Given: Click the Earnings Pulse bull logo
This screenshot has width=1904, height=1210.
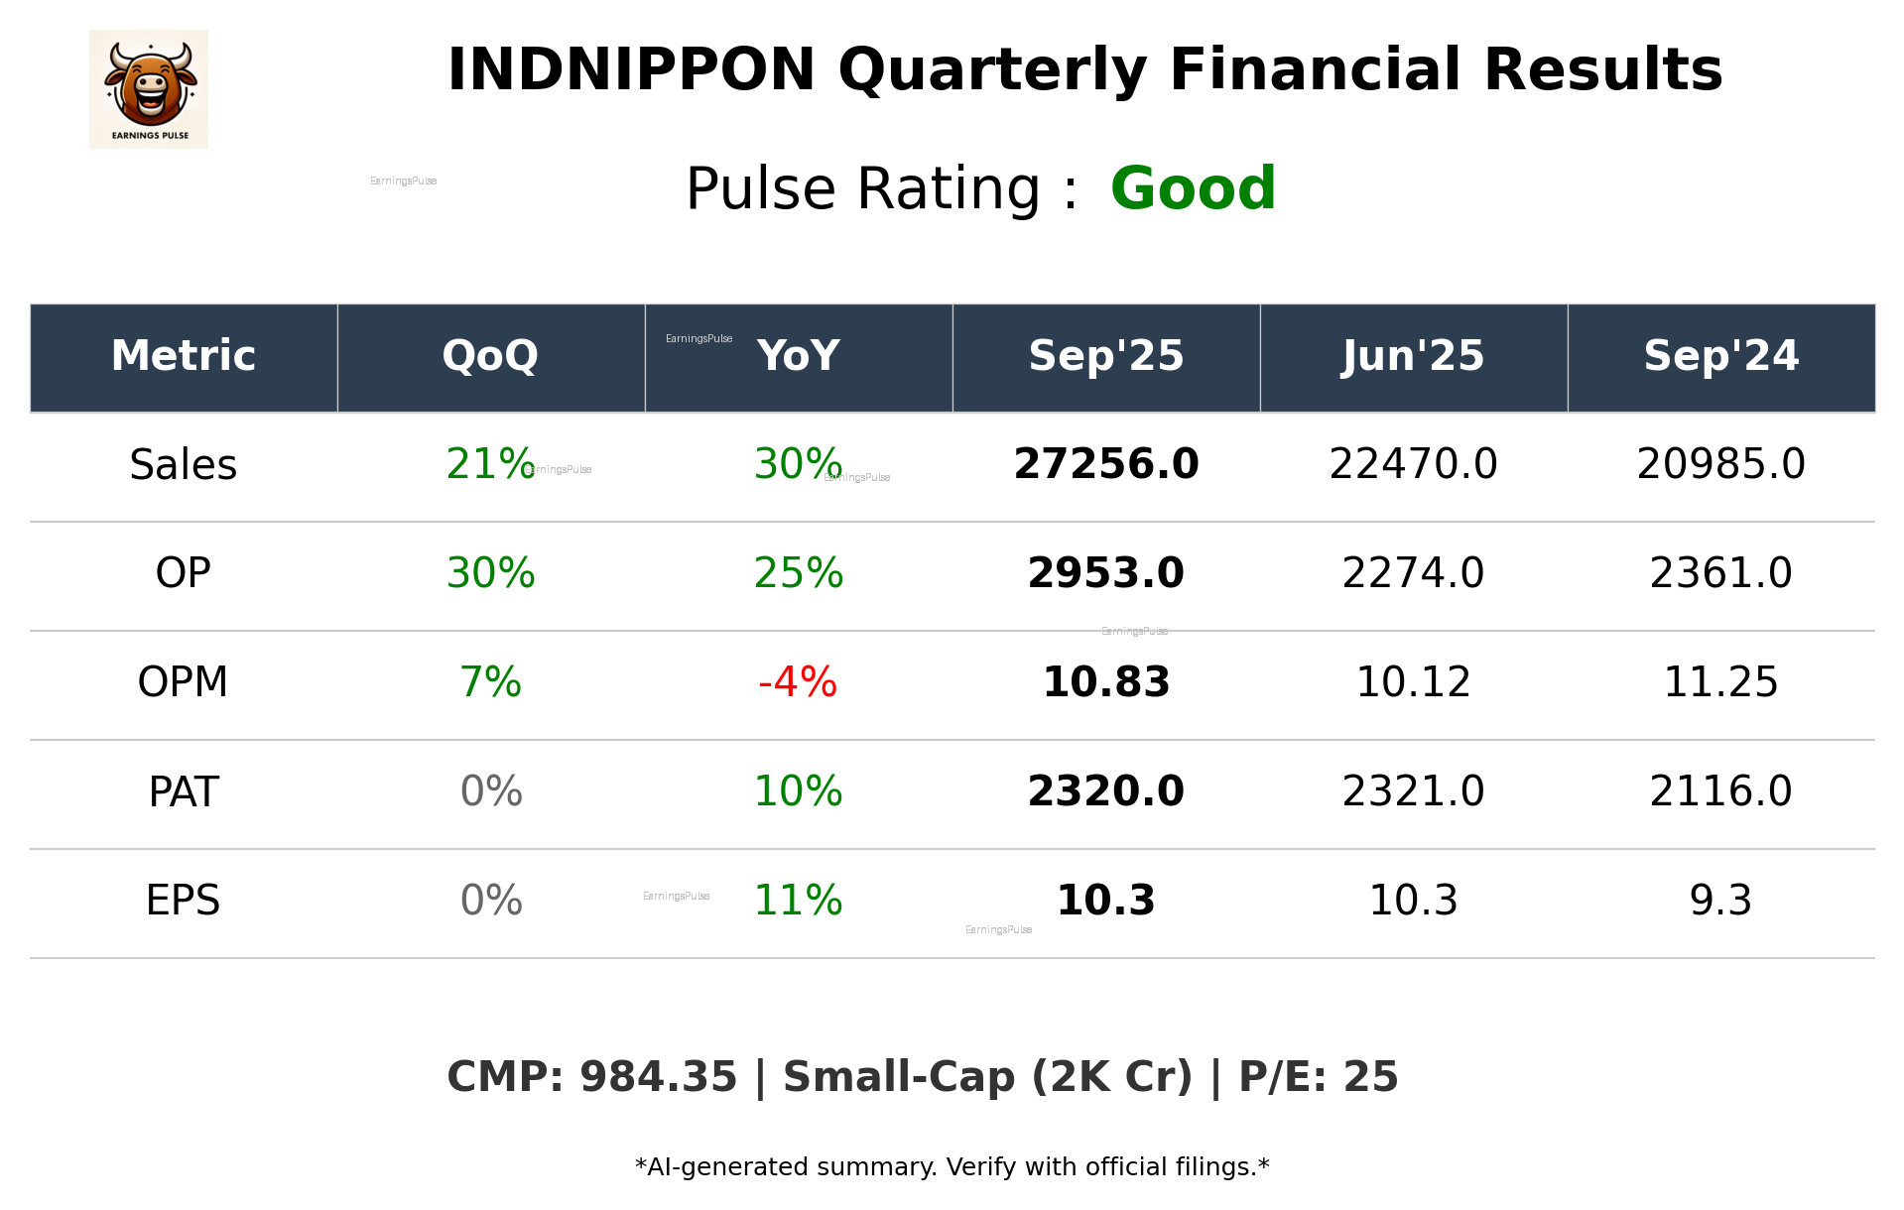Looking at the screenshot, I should tap(149, 88).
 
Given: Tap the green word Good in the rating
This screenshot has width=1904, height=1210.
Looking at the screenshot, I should tap(1192, 188).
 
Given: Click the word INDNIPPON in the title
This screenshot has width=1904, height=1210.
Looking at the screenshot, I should tap(631, 70).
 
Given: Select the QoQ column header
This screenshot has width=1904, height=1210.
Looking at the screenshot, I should tap(490, 356).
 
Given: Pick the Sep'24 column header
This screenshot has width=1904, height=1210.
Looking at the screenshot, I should tap(1720, 356).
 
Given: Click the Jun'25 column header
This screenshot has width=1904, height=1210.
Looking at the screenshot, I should tap(1413, 356).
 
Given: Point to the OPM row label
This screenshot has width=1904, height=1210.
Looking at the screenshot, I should tap(183, 682).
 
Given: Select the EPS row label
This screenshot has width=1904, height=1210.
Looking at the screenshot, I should tap(183, 901).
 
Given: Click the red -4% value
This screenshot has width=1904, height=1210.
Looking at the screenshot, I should tap(798, 682).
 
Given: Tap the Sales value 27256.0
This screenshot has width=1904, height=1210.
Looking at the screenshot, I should tap(1105, 464).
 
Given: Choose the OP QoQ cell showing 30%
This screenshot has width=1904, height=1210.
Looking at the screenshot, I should tap(490, 573).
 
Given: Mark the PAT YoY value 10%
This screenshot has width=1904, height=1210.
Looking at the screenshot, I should tap(798, 791).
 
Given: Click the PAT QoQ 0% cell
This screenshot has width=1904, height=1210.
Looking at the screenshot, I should tap(490, 791).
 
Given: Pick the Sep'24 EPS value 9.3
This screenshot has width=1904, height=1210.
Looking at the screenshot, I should tap(1720, 901).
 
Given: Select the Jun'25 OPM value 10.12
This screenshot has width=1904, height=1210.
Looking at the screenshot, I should tap(1413, 682).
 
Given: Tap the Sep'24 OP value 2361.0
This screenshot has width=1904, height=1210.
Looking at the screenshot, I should tap(1720, 573).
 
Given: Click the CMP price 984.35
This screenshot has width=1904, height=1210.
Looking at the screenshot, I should tap(658, 1077).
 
